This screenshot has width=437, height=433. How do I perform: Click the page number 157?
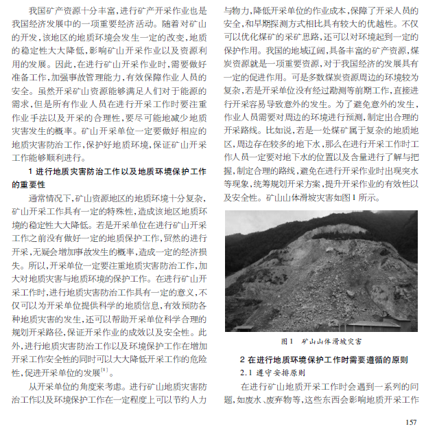411,422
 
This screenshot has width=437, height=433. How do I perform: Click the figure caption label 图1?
287,341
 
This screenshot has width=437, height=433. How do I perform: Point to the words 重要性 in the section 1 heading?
28,185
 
